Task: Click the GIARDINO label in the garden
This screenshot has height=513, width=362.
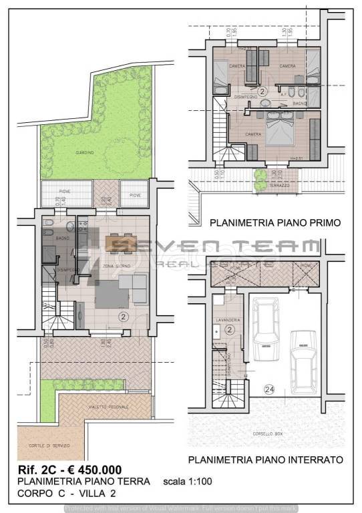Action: pyautogui.click(x=83, y=152)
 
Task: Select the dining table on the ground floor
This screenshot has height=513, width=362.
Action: pyautogui.click(x=121, y=242)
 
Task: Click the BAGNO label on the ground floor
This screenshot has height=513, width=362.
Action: pyautogui.click(x=63, y=238)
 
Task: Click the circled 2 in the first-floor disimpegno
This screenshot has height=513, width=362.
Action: pyautogui.click(x=262, y=90)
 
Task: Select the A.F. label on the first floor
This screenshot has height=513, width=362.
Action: pyautogui.click(x=285, y=95)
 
